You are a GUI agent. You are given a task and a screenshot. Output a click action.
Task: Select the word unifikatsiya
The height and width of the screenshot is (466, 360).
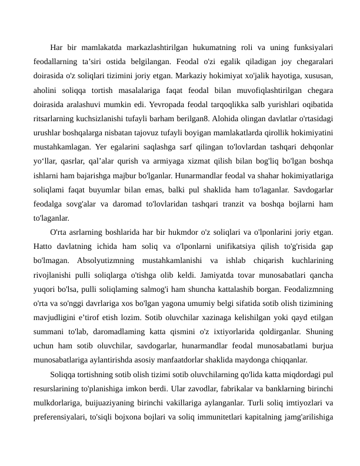219,245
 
